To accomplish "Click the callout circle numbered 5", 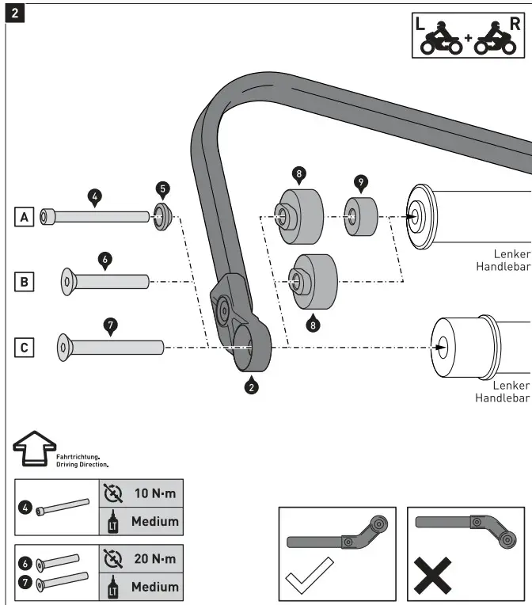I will click(162, 188).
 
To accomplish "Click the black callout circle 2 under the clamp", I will click(252, 387).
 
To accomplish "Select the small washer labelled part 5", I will click(163, 215).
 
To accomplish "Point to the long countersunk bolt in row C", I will click(111, 347).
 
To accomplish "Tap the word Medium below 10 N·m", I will click(154, 521).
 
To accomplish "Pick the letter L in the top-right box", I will click(421, 23).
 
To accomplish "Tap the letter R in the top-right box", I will click(515, 23).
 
